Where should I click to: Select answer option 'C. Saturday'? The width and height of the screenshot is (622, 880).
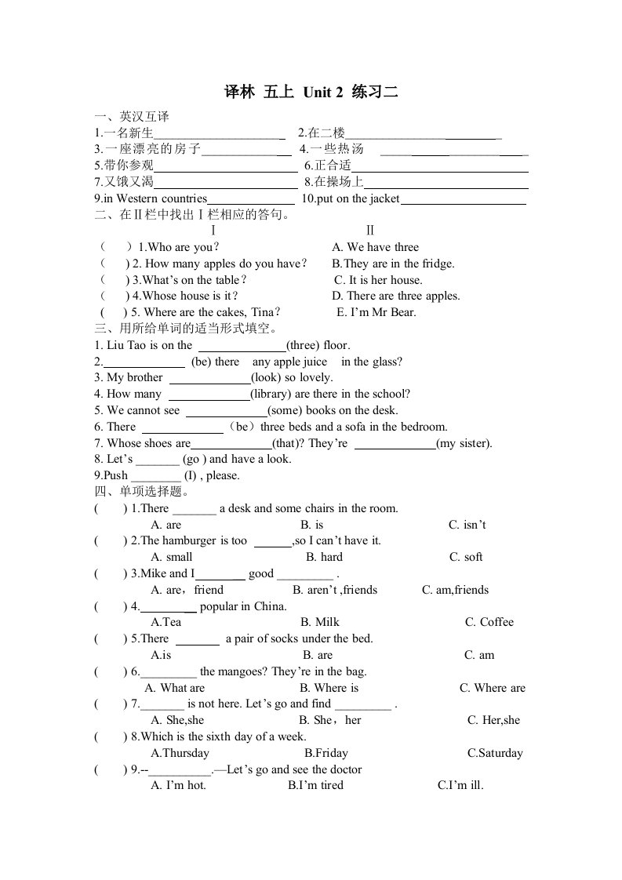[x=495, y=753]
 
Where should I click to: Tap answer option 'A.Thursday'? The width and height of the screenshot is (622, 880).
[x=180, y=753]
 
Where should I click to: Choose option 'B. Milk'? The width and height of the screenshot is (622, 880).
[x=320, y=622]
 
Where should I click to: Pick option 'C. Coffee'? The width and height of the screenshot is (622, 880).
[x=489, y=622]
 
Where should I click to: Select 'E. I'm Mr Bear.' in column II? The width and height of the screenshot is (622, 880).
[x=376, y=312]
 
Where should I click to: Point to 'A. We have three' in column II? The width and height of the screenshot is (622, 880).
[x=376, y=247]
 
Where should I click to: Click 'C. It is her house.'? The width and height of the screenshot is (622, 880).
[x=378, y=280]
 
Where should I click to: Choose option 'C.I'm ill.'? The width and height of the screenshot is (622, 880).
[x=460, y=785]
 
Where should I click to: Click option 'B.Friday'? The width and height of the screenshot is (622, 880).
[x=326, y=753]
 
